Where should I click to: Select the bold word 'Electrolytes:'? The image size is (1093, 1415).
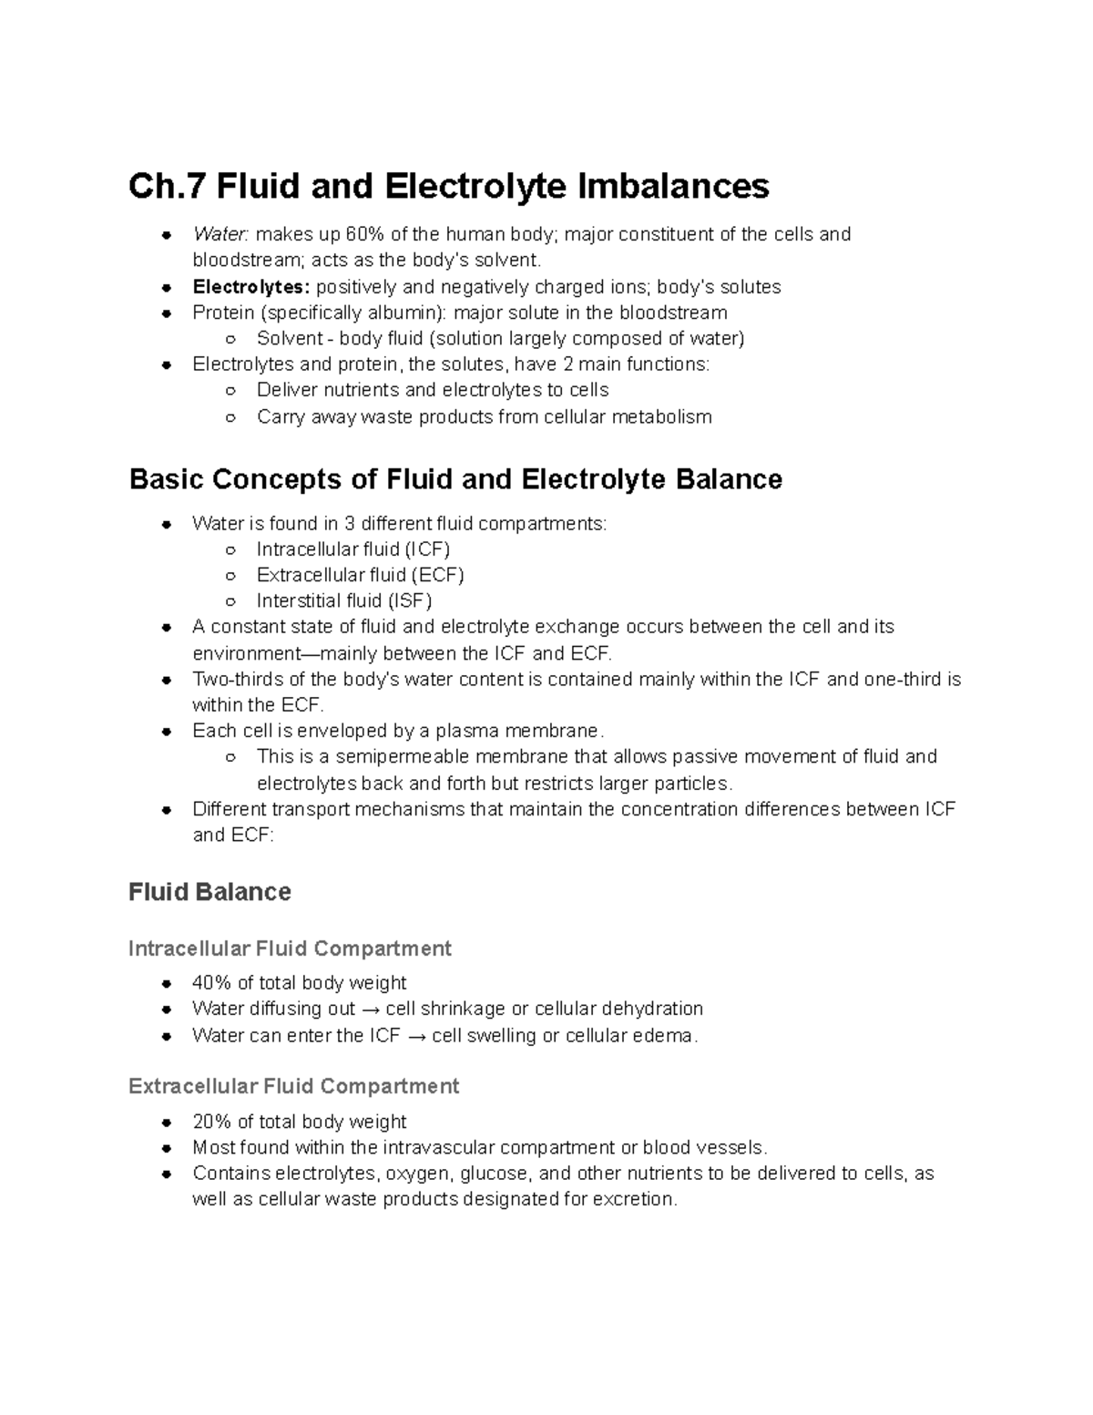(251, 287)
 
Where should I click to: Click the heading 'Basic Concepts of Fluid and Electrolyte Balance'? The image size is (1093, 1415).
(455, 479)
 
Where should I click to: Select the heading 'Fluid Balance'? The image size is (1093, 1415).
(209, 891)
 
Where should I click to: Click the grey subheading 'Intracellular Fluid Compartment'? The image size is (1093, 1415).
(290, 948)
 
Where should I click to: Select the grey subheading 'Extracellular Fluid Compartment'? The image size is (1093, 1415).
(293, 1086)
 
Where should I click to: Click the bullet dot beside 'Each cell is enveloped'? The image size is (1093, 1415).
(167, 732)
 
